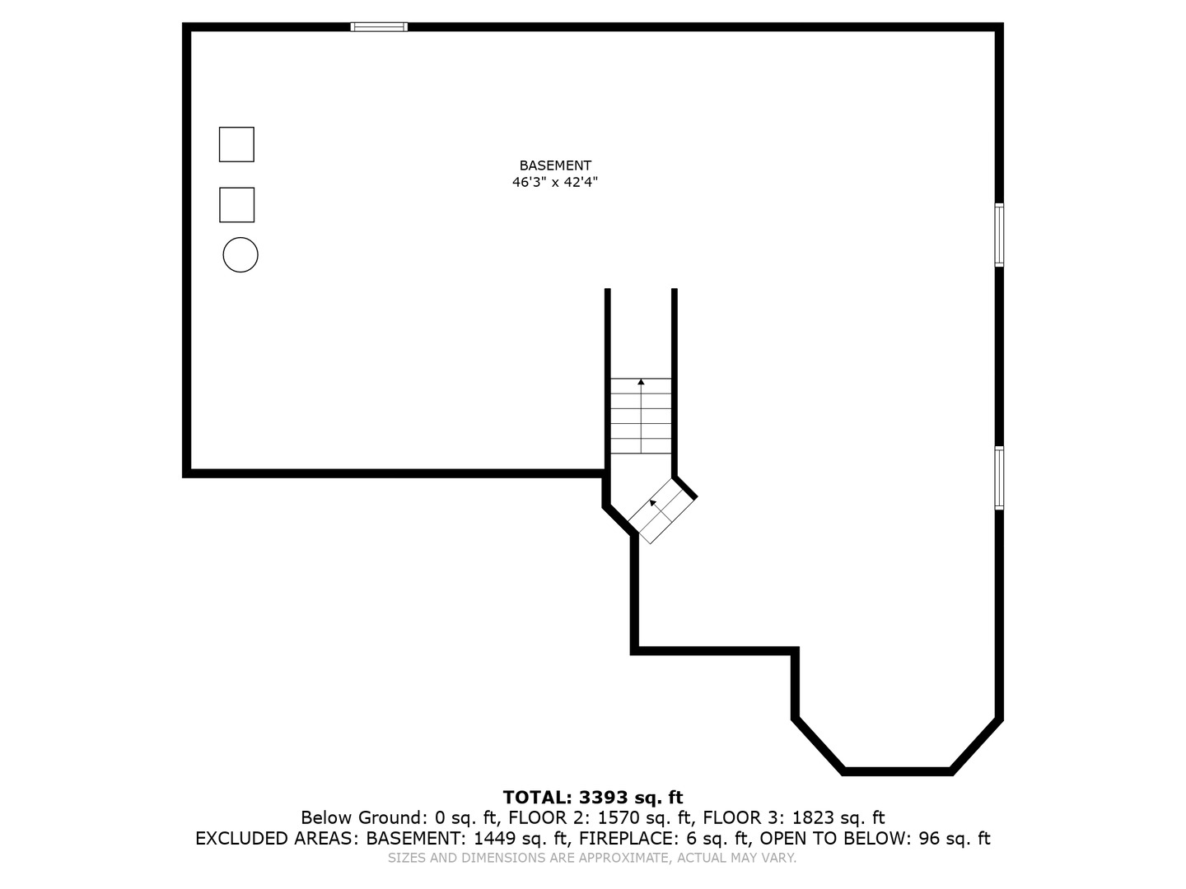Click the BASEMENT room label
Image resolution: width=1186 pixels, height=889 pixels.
click(554, 165)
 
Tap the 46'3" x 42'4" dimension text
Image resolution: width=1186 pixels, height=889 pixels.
click(554, 183)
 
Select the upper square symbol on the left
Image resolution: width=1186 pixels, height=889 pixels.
click(236, 144)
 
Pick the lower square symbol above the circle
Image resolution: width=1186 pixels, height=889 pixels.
click(236, 205)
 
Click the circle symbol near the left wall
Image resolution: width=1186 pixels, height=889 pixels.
click(240, 255)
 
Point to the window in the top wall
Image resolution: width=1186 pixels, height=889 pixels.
click(379, 27)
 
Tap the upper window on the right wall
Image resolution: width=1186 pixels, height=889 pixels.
click(999, 235)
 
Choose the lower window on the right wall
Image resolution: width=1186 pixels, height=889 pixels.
click(999, 478)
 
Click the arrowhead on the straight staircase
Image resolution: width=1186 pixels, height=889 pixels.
click(641, 382)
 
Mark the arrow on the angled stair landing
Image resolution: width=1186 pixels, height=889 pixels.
click(653, 502)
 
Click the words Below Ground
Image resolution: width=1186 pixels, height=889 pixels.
click(362, 818)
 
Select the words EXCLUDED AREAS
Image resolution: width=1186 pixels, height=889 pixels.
click(277, 839)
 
